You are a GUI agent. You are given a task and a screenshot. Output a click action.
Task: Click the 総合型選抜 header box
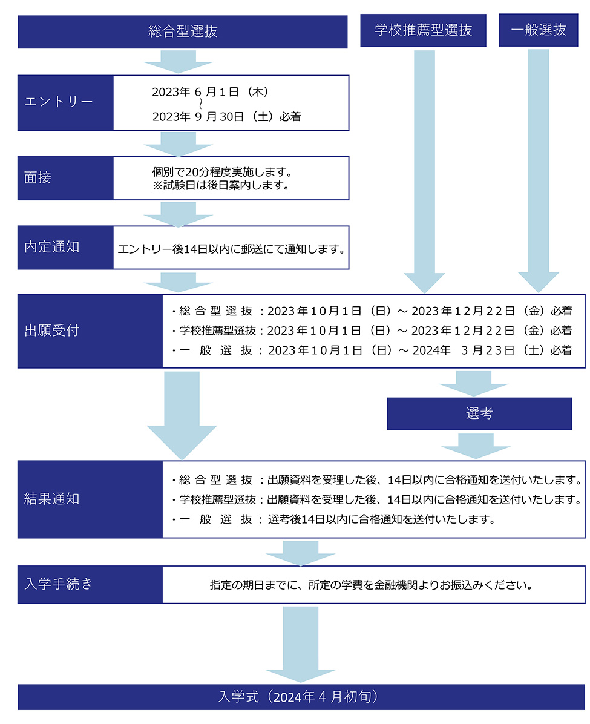coord(182,32)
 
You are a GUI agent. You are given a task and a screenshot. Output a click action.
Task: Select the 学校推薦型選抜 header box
coord(423,30)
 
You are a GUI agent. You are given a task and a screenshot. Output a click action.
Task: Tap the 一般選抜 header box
coord(538,30)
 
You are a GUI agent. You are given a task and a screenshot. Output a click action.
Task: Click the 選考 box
coord(479,413)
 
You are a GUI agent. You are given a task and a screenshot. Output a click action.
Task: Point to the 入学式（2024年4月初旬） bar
coord(301,697)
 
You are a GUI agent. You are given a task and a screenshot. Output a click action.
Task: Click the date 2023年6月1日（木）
coord(210,92)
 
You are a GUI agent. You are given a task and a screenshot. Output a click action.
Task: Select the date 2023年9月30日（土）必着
coord(226,117)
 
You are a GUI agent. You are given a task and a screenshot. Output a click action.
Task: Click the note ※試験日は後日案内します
coord(221,186)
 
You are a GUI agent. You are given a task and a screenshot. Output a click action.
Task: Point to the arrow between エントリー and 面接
coord(178,143)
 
